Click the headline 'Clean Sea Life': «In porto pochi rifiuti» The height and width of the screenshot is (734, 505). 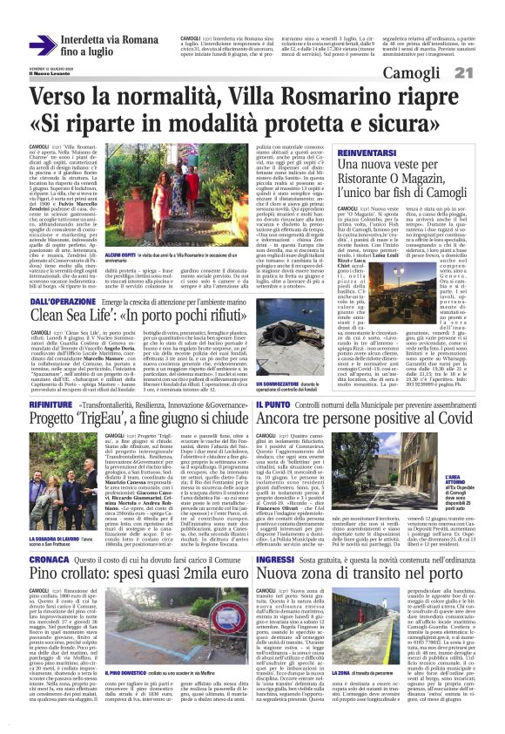[x=142, y=316]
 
